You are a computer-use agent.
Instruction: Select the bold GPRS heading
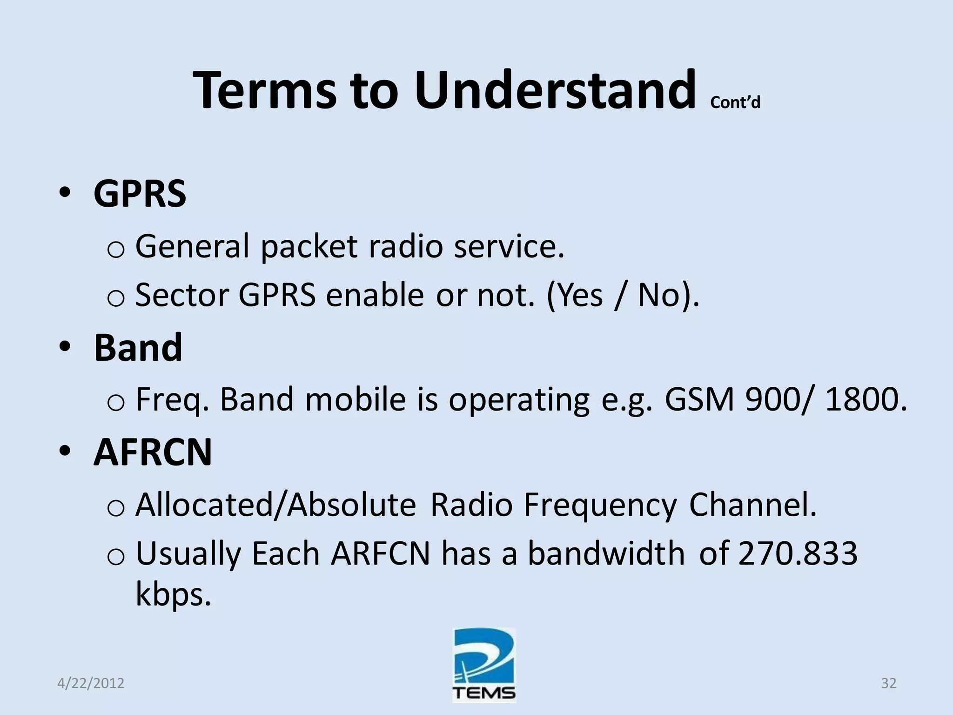[140, 194]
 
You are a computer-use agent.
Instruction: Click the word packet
[309, 247]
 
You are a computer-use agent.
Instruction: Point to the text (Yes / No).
[622, 296]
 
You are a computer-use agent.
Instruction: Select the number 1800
[866, 400]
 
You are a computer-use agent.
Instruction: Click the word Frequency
[600, 505]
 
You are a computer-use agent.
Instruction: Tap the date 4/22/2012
[91, 683]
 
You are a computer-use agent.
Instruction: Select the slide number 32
[889, 683]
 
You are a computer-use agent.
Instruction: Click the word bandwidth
[606, 554]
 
